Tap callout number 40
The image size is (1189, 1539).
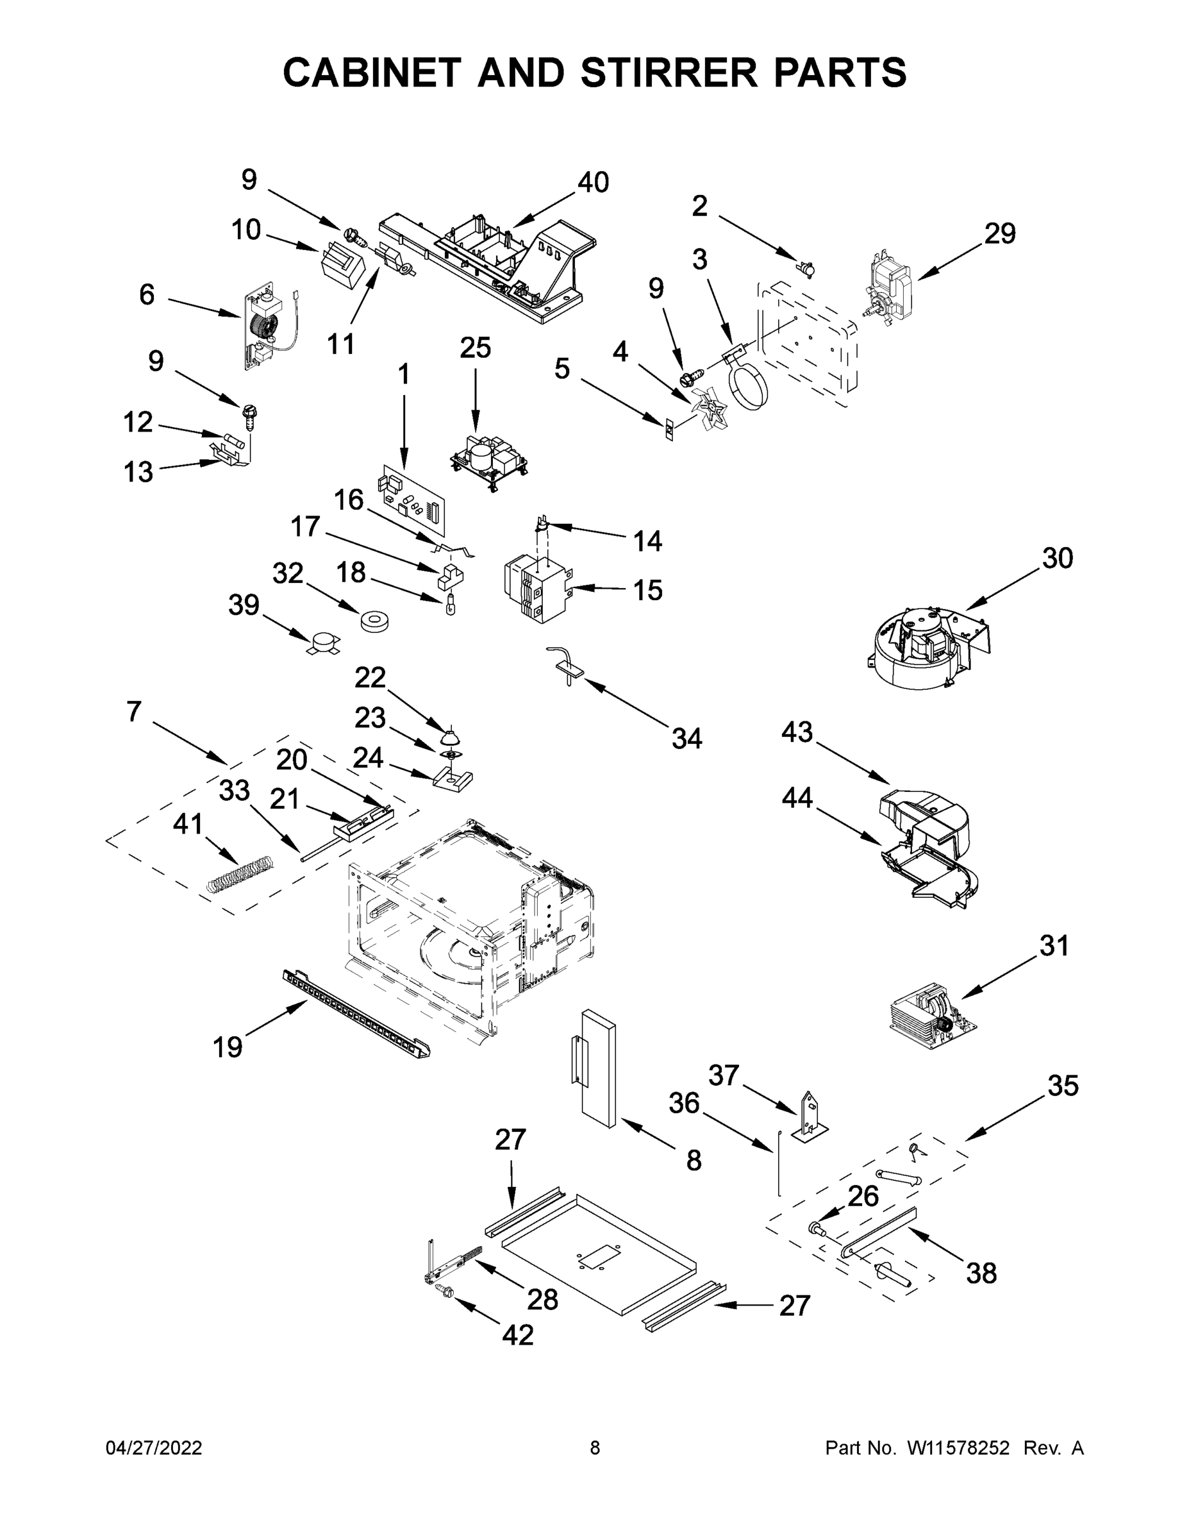coord(593,183)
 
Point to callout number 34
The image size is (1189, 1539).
coord(686,739)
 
